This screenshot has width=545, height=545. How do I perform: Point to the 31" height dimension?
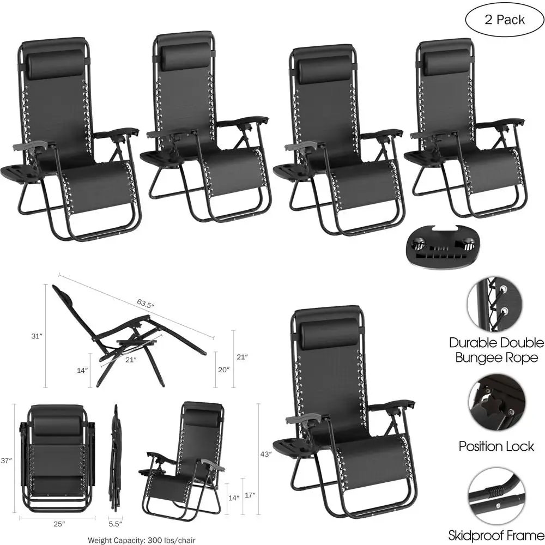click(x=37, y=337)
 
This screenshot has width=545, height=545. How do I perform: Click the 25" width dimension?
click(x=59, y=524)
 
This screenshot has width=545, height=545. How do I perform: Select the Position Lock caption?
click(x=496, y=447)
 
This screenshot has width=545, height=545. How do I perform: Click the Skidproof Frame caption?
click(x=496, y=535)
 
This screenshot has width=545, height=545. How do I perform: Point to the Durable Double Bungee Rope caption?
click(x=496, y=350)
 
